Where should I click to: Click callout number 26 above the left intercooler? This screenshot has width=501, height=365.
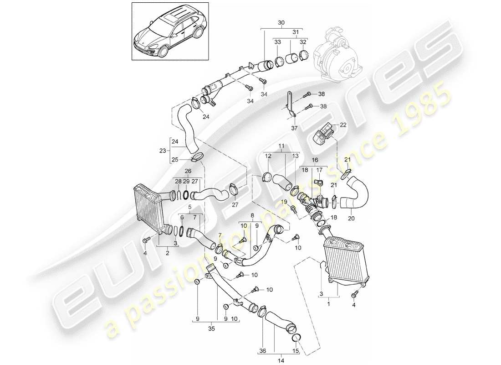tap(187, 172)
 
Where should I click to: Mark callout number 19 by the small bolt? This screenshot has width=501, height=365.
tap(283, 201)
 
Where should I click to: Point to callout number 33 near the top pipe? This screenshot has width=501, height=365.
tap(277, 42)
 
